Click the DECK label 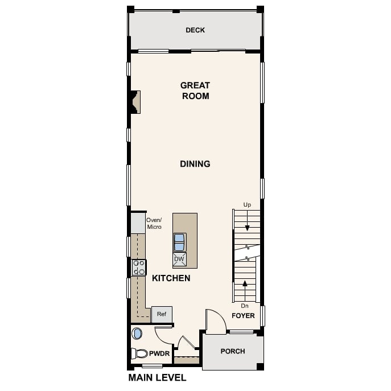195,30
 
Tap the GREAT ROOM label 195,90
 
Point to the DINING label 195,164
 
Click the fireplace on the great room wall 135,102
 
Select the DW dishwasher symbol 179,259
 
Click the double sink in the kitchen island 179,242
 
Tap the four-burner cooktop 139,267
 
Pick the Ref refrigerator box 162,314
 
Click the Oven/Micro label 154,224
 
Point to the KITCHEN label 171,278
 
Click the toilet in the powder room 139,353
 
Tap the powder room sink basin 137,334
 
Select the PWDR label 159,353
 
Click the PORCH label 233,351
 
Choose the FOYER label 243,316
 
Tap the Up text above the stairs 247,205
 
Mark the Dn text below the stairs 245,306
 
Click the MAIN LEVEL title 157,377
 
